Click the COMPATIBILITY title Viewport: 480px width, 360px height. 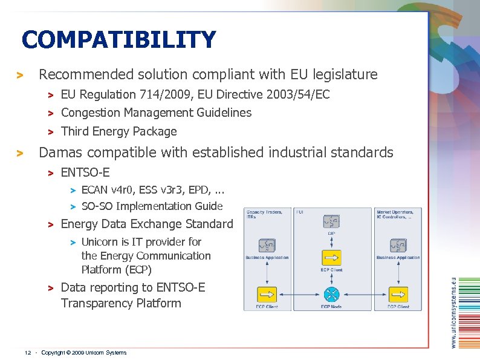pyautogui.click(x=118, y=40)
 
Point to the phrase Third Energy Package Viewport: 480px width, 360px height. pyautogui.click(x=119, y=131)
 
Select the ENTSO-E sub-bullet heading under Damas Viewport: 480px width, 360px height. pyautogui.click(x=85, y=172)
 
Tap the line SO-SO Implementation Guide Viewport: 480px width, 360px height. pyautogui.click(x=152, y=206)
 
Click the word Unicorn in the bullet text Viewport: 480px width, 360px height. pyautogui.click(x=100, y=241)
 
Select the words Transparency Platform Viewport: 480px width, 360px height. pyautogui.click(x=121, y=303)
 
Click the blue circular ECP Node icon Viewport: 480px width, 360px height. pyautogui.click(x=331, y=295)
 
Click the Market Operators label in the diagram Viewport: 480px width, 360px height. pyautogui.click(x=395, y=212)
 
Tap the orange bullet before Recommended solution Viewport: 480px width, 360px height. pyautogui.click(x=20, y=76)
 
